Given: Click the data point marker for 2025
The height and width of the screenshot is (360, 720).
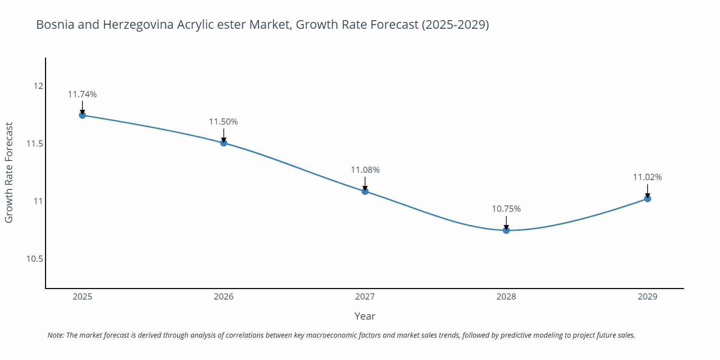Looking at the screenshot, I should tap(82, 115).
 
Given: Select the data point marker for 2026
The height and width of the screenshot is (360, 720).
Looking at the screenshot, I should tap(224, 143).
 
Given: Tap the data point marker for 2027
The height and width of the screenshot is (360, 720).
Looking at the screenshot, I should tap(365, 191).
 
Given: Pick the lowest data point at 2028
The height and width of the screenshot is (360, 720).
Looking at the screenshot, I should tap(506, 230).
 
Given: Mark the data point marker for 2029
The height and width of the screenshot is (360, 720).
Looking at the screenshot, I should tap(647, 199).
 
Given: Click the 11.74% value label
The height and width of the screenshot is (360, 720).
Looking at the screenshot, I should tap(82, 94).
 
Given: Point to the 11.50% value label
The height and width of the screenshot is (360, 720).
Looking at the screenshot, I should tap(224, 122).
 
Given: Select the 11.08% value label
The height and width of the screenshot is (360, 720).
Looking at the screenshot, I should tap(365, 170).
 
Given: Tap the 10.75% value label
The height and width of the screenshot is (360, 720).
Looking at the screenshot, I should tap(506, 209).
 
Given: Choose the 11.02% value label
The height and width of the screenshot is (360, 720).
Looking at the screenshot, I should tap(647, 177).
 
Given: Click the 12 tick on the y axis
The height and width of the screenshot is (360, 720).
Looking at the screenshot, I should tap(38, 86).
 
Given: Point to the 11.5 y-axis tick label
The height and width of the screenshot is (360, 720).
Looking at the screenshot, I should tap(35, 144).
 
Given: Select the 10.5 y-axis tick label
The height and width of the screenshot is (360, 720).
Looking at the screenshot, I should tap(35, 259).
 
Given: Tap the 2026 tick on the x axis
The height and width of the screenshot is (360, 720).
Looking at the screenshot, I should tap(224, 297).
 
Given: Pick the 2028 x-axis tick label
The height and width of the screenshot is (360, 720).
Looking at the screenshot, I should tap(506, 297).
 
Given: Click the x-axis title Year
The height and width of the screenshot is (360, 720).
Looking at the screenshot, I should tap(365, 316).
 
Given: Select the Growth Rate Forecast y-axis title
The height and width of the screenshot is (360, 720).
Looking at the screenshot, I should tap(9, 172).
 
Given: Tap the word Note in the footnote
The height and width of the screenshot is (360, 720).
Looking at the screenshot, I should tap(55, 335).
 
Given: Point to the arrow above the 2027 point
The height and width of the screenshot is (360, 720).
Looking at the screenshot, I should tap(365, 183).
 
